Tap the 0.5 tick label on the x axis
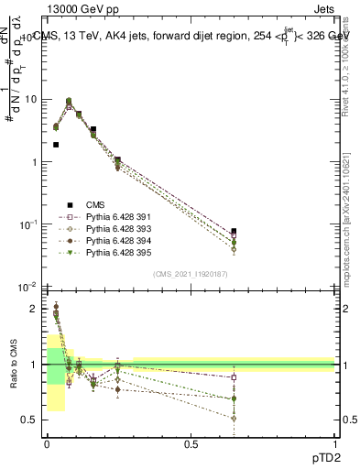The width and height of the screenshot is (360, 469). tap(191, 443)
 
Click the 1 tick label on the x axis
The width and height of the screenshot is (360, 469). tap(335, 443)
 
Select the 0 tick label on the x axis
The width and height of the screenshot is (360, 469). tap(46, 443)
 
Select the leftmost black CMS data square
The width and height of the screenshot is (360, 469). tap(56, 145)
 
